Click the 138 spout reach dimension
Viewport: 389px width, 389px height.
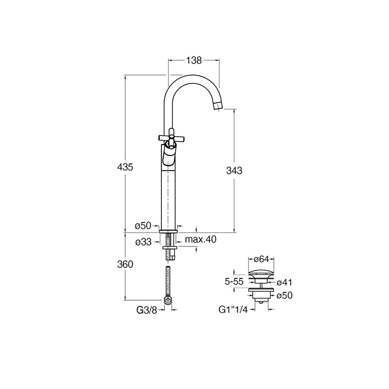click(194, 61)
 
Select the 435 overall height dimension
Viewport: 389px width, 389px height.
click(125, 167)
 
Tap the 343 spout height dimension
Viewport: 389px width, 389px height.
click(234, 170)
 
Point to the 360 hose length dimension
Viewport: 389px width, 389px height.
click(125, 265)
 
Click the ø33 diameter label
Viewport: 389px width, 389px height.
click(143, 242)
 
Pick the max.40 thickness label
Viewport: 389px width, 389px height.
click(201, 240)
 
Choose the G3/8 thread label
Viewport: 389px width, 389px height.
click(147, 310)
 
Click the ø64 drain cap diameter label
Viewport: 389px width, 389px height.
click(261, 259)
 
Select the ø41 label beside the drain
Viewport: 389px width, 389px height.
click(285, 282)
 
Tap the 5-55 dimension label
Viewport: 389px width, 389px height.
click(234, 282)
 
